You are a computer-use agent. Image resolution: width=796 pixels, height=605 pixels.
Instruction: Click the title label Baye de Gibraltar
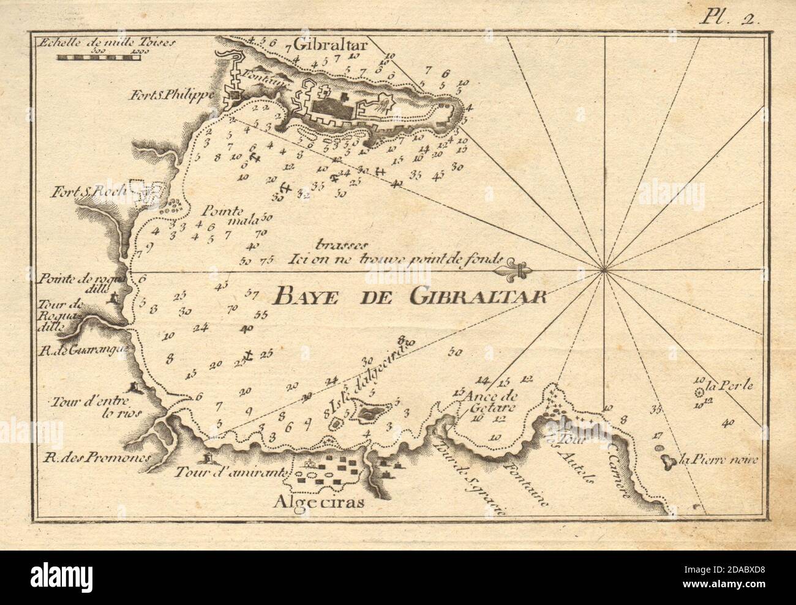click(x=410, y=296)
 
